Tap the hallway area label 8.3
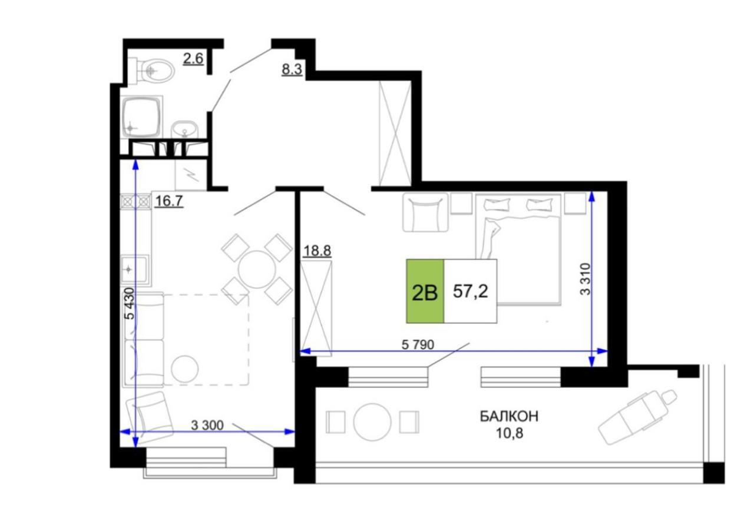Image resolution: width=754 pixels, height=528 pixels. (292, 69)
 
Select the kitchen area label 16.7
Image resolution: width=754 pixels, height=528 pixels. (169, 201)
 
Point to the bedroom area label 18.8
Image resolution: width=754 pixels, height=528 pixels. (317, 251)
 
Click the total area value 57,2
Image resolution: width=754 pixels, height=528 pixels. (470, 291)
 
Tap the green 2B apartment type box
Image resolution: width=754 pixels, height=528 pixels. (425, 291)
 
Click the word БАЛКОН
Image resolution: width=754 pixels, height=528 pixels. (509, 416)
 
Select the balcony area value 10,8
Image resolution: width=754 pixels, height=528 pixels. (510, 433)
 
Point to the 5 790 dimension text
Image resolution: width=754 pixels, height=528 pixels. (418, 344)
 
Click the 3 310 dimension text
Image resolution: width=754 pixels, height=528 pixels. (586, 279)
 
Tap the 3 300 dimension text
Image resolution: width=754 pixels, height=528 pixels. (207, 426)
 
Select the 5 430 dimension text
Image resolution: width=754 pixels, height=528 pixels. (129, 304)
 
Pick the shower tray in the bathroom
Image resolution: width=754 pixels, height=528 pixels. (141, 117)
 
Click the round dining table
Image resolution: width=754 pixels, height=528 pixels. (257, 269)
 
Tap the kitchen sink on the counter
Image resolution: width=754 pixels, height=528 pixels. (135, 269)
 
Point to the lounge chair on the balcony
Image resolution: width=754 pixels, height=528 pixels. (637, 417)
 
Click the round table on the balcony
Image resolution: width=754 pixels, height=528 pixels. (372, 421)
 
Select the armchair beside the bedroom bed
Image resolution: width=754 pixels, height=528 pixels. (425, 212)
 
